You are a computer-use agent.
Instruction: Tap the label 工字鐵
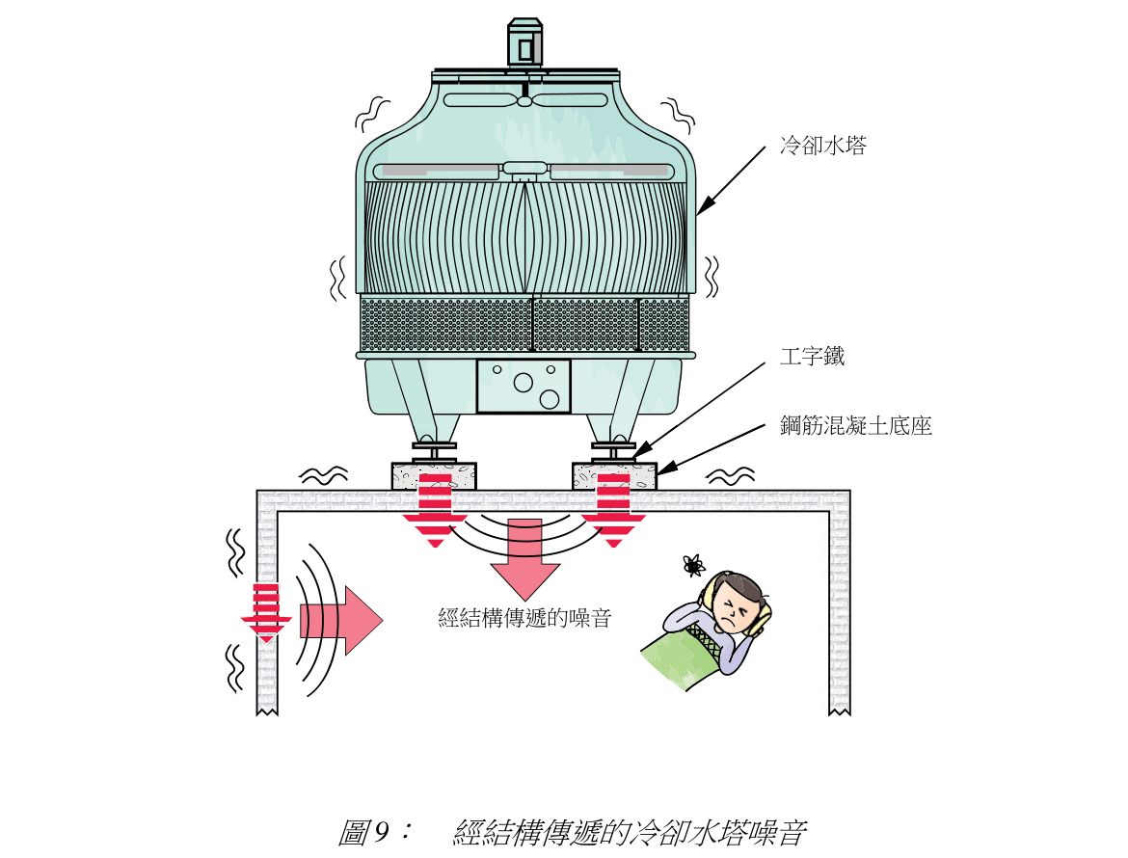click(x=812, y=356)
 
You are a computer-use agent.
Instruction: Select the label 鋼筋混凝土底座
click(x=856, y=425)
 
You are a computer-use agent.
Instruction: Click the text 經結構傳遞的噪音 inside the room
click(x=524, y=618)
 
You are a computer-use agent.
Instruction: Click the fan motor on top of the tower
click(x=524, y=43)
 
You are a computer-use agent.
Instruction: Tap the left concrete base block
click(x=434, y=476)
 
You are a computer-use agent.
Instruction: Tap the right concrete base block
click(x=614, y=476)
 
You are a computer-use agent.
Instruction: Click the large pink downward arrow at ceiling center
click(x=524, y=559)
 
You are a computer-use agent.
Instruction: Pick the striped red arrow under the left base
click(x=435, y=511)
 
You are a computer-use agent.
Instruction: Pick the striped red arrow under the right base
click(x=613, y=511)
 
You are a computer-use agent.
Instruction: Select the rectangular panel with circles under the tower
click(x=524, y=386)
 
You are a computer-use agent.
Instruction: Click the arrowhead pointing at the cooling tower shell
click(x=704, y=205)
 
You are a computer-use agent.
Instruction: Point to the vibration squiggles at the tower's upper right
click(x=678, y=114)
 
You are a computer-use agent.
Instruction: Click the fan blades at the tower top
click(x=524, y=99)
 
